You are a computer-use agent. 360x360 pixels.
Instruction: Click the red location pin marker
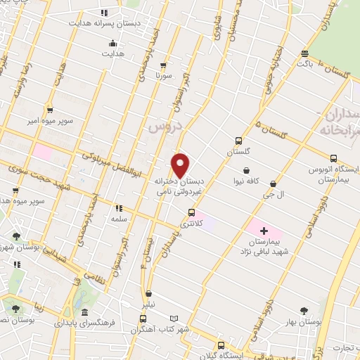pyautogui.click(x=181, y=165)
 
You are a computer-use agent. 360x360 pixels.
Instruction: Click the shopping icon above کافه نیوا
pyautogui.click(x=247, y=169)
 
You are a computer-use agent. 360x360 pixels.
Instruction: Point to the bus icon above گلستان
pyautogui.click(x=238, y=141)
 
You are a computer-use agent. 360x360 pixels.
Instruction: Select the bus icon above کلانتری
pyautogui.click(x=191, y=212)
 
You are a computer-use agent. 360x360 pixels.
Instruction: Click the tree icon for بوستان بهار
pyautogui.click(x=304, y=309)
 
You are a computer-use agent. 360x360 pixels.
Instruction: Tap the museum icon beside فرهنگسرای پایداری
pyautogui.click(x=84, y=312)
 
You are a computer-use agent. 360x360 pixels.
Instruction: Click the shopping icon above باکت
pyautogui.click(x=304, y=53)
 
